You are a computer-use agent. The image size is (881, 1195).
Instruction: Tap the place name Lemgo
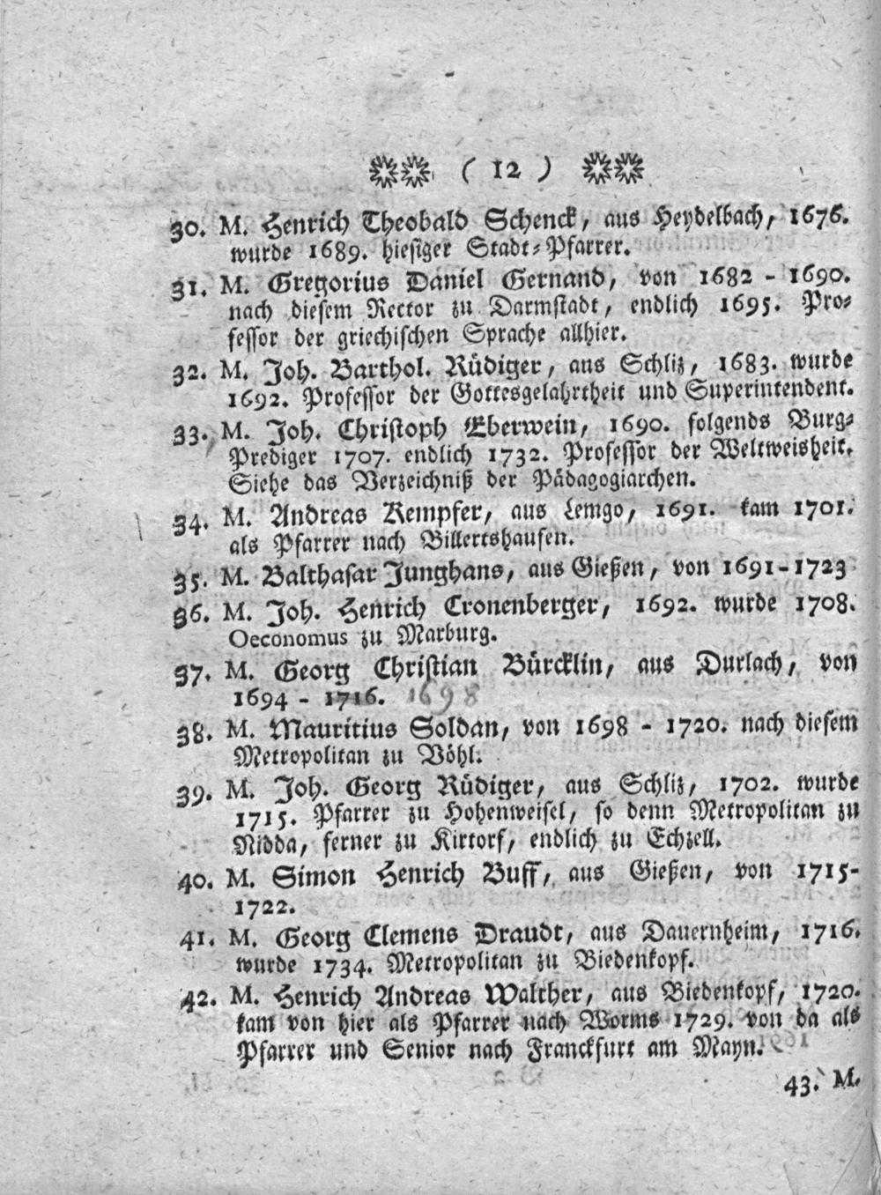point(601,510)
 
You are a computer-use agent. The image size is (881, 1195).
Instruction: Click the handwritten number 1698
point(444,698)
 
